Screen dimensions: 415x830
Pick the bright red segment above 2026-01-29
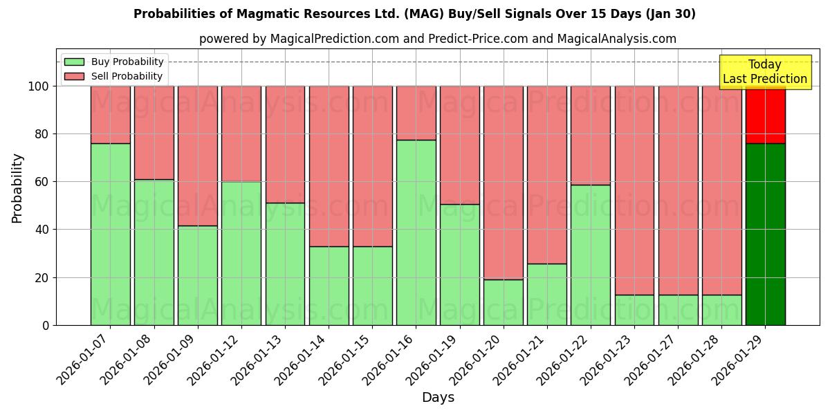(765, 115)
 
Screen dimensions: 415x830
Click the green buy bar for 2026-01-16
(416, 232)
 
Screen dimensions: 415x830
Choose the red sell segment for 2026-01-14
(329, 166)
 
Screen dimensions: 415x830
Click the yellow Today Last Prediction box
(764, 72)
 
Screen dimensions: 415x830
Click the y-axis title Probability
(17, 188)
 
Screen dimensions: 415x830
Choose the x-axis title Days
(438, 398)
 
